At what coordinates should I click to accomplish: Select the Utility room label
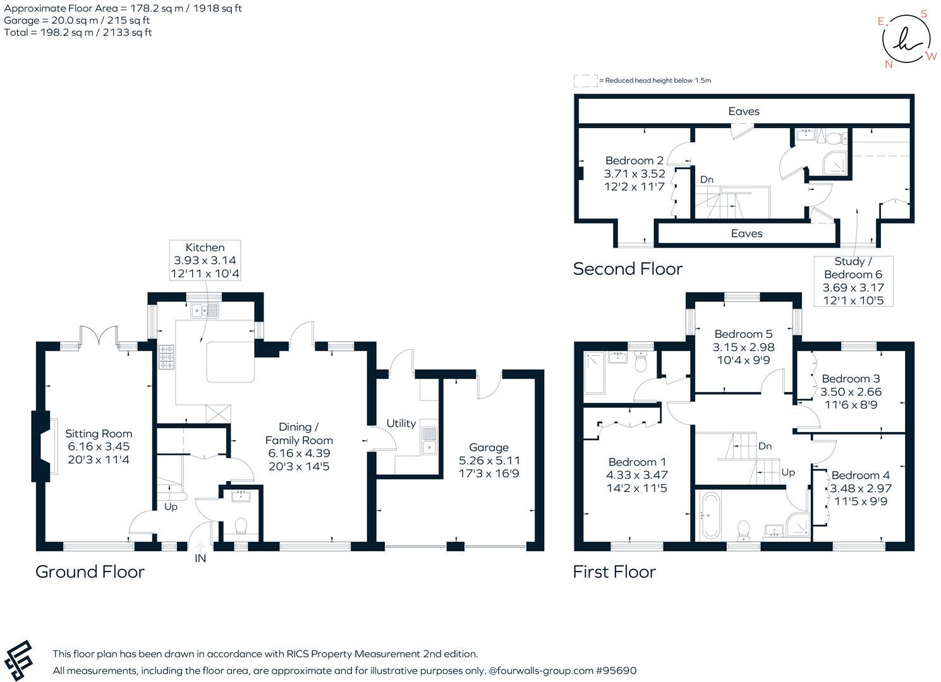[401, 423]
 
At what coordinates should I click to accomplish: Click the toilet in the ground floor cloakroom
[241, 526]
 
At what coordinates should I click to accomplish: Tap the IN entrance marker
[200, 558]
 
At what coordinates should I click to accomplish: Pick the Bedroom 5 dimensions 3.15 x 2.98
[743, 347]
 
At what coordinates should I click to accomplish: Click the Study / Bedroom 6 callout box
[853, 281]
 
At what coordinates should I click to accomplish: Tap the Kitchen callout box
[205, 260]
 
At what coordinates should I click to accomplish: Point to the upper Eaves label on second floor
[744, 111]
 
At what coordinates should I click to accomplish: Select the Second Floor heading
[628, 269]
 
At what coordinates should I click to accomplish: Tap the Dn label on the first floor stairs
[765, 446]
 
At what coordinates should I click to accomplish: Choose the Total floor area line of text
[78, 32]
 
